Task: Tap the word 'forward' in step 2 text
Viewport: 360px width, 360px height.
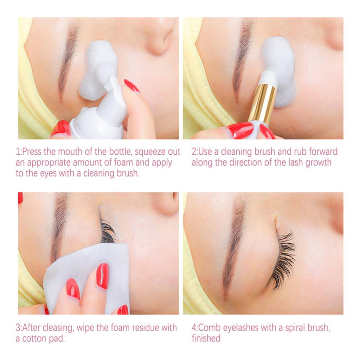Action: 318,152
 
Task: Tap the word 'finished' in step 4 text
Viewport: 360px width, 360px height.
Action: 206,339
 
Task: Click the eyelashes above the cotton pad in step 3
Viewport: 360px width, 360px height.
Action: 107,230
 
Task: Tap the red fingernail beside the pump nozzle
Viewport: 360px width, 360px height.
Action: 131,85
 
